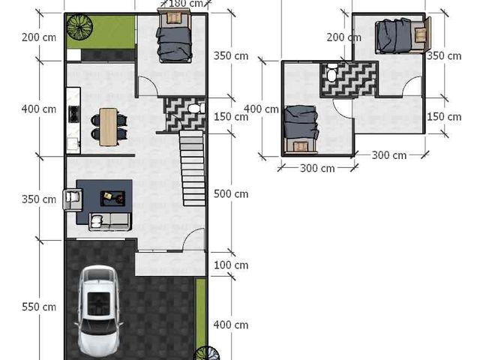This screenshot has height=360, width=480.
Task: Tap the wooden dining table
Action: pos(109,127)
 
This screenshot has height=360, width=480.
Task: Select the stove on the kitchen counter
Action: pos(73,114)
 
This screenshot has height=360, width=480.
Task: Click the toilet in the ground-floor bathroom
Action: pos(196,108)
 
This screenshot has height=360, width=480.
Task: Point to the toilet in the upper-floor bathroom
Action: pos(331,72)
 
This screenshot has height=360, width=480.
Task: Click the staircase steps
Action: pos(193,168)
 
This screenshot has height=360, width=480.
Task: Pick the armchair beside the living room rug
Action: pos(73,199)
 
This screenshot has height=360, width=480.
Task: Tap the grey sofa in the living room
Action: pos(110,222)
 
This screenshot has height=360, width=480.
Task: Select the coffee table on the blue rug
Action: pos(113,198)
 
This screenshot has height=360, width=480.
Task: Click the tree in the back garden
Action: pos(80,28)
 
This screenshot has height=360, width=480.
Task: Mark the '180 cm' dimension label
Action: pos(186,4)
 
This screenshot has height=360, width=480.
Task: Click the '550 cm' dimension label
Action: pos(39,307)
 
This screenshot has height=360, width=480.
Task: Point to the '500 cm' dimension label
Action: pos(231,193)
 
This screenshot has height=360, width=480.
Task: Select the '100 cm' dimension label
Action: pos(231,265)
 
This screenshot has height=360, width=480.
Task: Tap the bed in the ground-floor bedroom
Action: pos(174,36)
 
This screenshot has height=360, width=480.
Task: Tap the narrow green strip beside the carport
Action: pos(201,312)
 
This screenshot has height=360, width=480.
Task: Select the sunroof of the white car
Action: pos(98,304)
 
